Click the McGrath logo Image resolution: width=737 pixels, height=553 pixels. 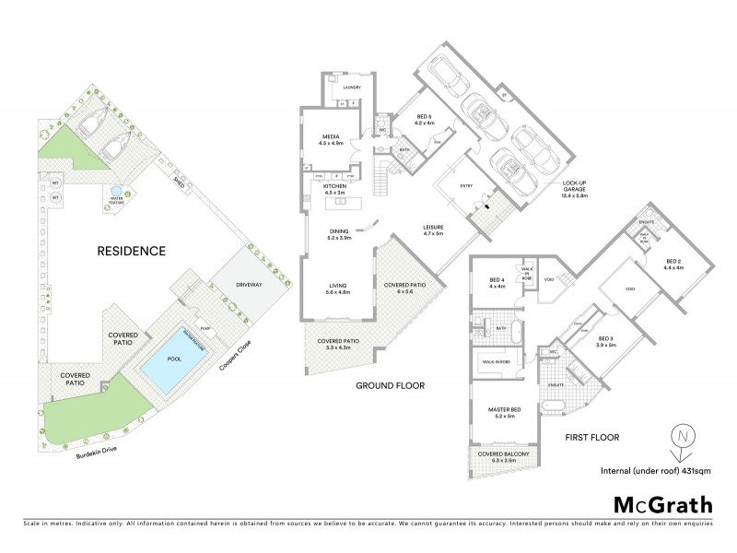point(662,504)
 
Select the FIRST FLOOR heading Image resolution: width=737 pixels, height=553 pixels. point(591,437)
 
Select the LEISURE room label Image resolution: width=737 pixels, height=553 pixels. point(433,229)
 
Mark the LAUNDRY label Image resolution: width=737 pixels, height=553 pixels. point(351,88)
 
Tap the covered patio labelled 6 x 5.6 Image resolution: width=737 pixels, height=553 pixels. point(411,288)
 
